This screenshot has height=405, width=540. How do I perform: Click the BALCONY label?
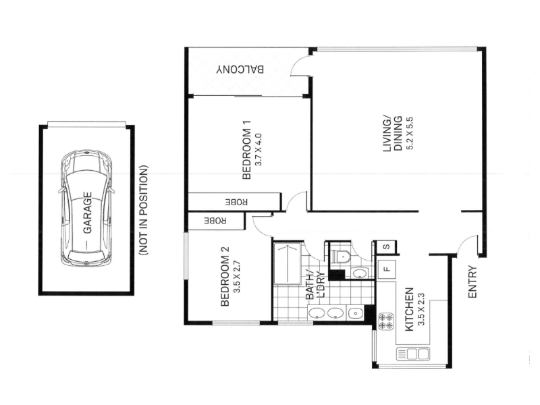point(240,70)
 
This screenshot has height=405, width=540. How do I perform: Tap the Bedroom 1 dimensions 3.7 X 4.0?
point(259,149)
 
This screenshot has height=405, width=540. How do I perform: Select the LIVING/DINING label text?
point(393,134)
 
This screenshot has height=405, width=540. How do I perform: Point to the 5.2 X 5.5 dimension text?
point(410,134)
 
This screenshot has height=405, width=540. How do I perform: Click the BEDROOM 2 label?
point(225,276)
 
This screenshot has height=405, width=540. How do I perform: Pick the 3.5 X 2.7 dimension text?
point(237,277)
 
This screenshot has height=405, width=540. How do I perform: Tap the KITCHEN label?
point(409,309)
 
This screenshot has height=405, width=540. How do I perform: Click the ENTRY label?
point(472,281)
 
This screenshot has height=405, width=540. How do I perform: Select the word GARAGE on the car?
point(88,213)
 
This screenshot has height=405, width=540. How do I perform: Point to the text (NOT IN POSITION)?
point(143,211)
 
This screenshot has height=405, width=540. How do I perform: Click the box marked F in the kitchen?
point(386,269)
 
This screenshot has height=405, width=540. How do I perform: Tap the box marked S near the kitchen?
point(386,247)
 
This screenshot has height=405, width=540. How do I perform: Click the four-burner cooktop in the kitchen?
point(386,321)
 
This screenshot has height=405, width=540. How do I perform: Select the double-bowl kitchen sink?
point(413,354)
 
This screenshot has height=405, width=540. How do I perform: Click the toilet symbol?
point(340,256)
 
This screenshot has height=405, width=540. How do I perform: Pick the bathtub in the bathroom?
point(288,264)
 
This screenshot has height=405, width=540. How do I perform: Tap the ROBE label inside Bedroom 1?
point(236,202)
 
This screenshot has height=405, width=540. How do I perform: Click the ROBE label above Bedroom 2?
point(215,221)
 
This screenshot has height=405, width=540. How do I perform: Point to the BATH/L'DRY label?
point(315,285)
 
